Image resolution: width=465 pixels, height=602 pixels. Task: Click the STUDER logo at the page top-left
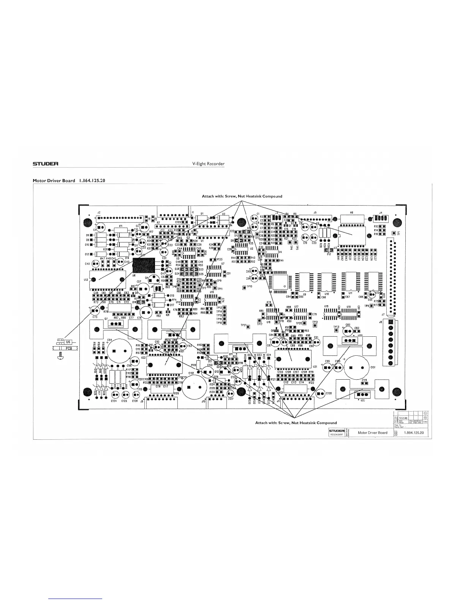(45, 164)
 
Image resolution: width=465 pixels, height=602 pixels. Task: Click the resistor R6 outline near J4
(352, 219)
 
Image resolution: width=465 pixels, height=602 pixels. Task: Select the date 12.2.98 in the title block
(403, 418)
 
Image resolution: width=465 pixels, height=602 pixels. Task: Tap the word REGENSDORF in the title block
(336, 435)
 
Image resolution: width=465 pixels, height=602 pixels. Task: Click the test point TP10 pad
(244, 287)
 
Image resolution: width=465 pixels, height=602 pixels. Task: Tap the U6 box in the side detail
(68, 342)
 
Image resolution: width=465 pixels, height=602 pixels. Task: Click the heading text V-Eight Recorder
(209, 164)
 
